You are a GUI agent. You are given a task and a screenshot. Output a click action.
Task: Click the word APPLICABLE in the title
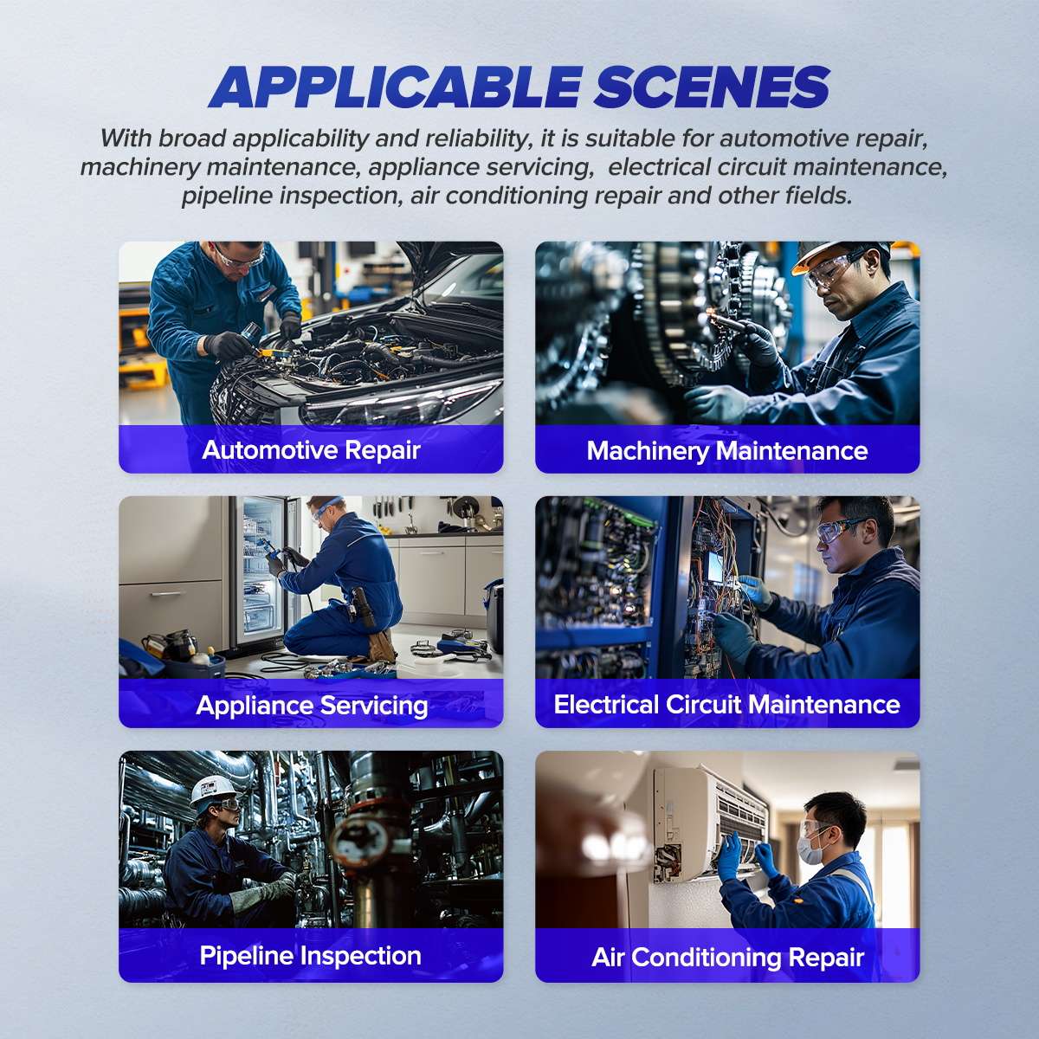[394, 87]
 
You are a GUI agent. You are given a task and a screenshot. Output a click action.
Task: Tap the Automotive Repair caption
[311, 450]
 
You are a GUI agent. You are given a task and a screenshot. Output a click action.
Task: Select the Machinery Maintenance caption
[727, 450]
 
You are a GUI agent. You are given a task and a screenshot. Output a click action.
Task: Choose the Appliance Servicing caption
[312, 705]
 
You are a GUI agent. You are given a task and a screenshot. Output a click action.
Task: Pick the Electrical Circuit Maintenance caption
[727, 705]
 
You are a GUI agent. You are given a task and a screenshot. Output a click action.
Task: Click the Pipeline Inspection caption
[311, 956]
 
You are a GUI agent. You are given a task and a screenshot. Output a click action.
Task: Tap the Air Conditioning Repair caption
[727, 957]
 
